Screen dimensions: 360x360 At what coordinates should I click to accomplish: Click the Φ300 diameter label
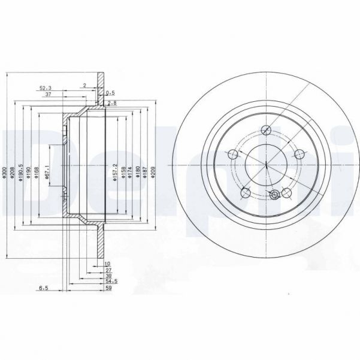(x=4, y=174)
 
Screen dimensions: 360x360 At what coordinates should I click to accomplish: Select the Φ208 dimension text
(x=13, y=174)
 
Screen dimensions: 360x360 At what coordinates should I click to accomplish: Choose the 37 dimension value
(x=47, y=95)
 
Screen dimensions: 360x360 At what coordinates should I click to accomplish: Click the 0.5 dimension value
(x=110, y=93)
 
